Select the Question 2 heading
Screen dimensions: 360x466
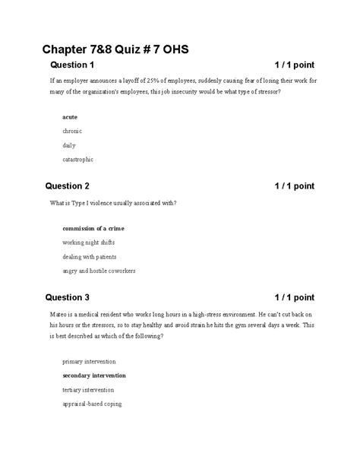tap(68, 186)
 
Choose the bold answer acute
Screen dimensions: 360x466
tap(70, 118)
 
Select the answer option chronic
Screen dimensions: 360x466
tap(73, 132)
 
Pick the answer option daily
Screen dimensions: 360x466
tap(69, 145)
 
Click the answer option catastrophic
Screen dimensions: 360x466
tap(79, 160)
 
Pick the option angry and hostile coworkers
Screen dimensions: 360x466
tap(100, 271)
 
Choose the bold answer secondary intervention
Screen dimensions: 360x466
tap(94, 376)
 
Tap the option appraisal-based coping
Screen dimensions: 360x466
tap(92, 404)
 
